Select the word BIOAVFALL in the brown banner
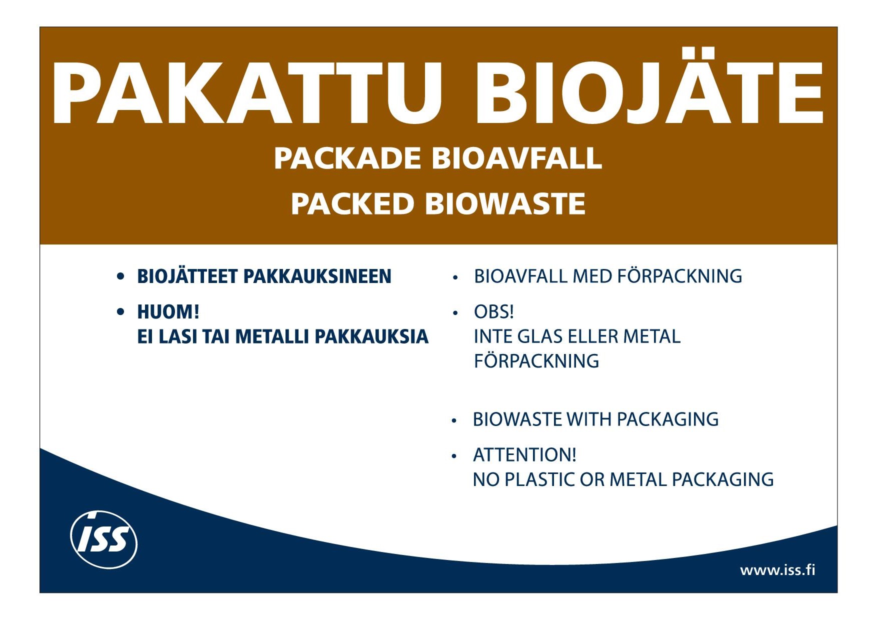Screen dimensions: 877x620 (516, 158)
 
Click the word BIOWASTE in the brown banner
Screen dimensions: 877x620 (505, 203)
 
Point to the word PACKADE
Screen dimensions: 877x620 (347, 158)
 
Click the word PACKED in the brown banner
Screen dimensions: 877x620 (353, 203)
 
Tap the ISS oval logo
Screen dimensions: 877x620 (103, 539)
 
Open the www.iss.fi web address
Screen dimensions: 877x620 (777, 570)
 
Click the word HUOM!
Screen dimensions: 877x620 (168, 312)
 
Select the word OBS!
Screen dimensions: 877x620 (494, 312)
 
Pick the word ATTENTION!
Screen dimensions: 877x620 (524, 455)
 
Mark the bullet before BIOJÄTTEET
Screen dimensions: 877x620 (120, 276)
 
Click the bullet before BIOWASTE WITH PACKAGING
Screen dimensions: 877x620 (454, 421)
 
